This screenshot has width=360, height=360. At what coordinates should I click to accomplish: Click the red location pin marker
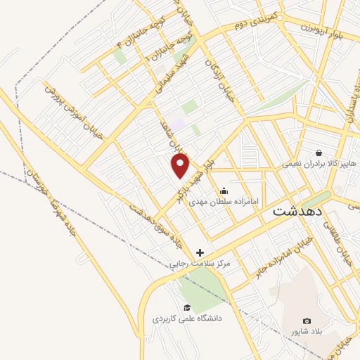pyautogui.click(x=181, y=165)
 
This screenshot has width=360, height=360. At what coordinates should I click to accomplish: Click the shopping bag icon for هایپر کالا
pyautogui.click(x=319, y=152)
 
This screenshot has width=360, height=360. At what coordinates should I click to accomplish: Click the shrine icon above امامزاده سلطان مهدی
pyautogui.click(x=224, y=190)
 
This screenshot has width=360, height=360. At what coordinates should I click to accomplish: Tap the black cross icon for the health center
pyautogui.click(x=200, y=252)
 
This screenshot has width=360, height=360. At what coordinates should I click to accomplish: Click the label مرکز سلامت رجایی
pyautogui.click(x=200, y=264)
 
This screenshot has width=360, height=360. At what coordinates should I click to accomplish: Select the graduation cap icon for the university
pyautogui.click(x=187, y=307)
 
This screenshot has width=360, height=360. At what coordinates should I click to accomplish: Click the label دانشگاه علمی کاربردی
pyautogui.click(x=187, y=319)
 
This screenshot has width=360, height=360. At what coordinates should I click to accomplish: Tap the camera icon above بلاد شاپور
pyautogui.click(x=306, y=321)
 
